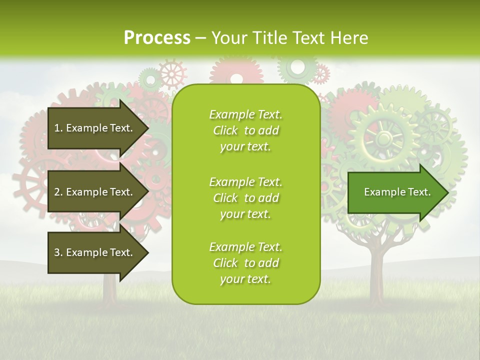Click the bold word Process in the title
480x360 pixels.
[157, 37]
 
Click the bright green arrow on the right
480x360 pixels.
[395, 192]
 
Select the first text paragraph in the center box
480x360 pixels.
[245, 130]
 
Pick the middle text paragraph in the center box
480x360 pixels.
[245, 197]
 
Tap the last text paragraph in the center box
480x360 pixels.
[245, 263]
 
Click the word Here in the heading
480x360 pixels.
[350, 37]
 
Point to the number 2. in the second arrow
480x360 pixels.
[58, 192]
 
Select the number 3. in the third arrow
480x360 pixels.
[58, 252]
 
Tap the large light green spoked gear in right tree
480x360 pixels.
[384, 136]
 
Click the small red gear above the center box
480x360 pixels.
[172, 73]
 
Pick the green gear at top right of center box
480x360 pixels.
[297, 67]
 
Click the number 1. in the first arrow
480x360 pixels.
[58, 128]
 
